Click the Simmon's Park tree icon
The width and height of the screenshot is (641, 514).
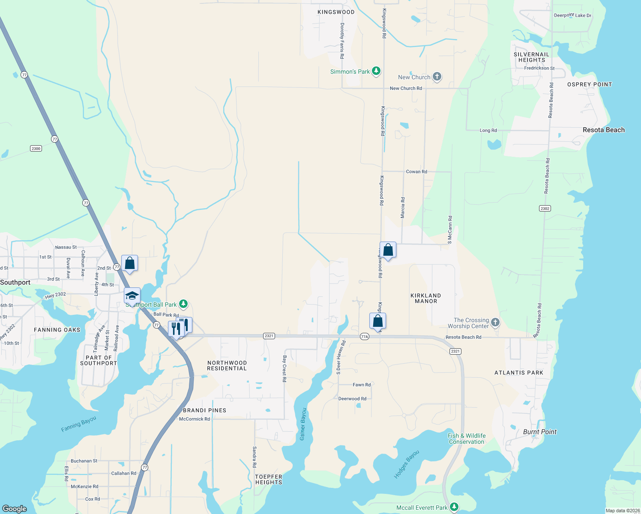tap(376, 71)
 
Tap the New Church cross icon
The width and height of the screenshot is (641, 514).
tap(437, 77)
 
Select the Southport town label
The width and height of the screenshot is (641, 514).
tap(15, 282)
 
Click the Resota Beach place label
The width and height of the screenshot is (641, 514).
tap(603, 130)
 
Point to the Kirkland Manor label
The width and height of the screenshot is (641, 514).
tap(425, 298)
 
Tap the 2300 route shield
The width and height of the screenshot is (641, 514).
tap(36, 149)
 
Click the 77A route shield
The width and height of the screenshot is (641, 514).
tap(365, 336)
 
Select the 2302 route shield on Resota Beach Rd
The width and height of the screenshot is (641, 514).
tap(545, 209)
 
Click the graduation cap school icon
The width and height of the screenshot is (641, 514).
tap(132, 296)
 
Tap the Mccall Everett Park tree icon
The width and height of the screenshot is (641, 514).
tap(454, 507)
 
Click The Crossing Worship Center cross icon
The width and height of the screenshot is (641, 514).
tap(495, 322)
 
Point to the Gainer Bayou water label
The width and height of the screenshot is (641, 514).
tap(303, 424)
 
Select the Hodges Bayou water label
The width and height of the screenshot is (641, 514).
tap(406, 464)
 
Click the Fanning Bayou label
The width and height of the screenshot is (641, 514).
tap(78, 424)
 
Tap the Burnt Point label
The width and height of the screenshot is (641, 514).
tap(539, 432)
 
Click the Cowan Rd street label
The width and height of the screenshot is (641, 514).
tap(416, 171)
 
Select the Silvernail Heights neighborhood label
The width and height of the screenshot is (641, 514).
tap(531, 57)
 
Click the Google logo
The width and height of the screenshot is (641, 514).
tap(15, 509)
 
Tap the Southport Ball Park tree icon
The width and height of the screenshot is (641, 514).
tap(183, 304)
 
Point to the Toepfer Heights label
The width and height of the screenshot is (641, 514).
tap(269, 479)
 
